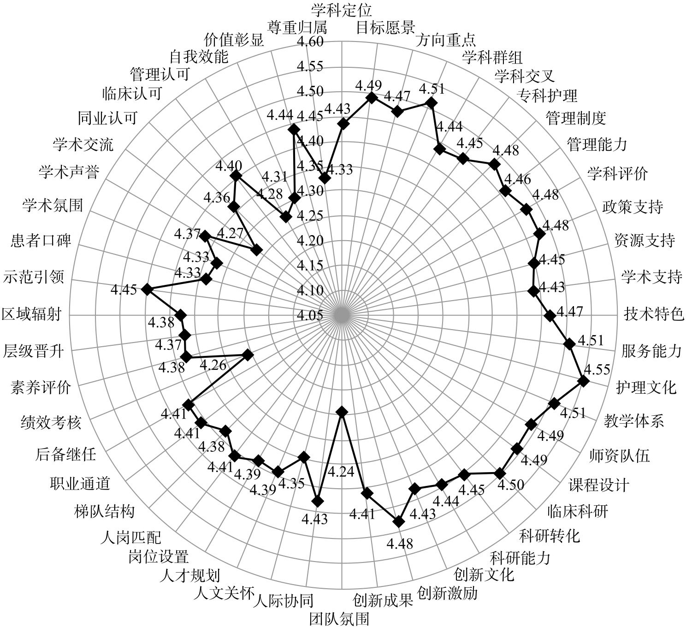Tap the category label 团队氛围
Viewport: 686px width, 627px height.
point(339,618)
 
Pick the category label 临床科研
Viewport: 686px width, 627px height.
point(577,510)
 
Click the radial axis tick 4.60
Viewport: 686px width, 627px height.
point(310,41)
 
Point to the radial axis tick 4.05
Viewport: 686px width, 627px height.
point(310,316)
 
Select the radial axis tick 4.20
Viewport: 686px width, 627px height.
point(310,241)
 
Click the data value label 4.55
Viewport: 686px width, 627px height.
point(597,369)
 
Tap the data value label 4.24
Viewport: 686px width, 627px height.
point(340,472)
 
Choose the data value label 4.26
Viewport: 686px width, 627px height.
point(213,365)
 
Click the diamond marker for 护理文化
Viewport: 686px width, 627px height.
point(583,381)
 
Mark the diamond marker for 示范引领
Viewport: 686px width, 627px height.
point(147,289)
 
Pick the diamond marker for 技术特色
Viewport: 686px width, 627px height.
point(549,315)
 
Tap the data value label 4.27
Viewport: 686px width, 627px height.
point(230,233)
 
